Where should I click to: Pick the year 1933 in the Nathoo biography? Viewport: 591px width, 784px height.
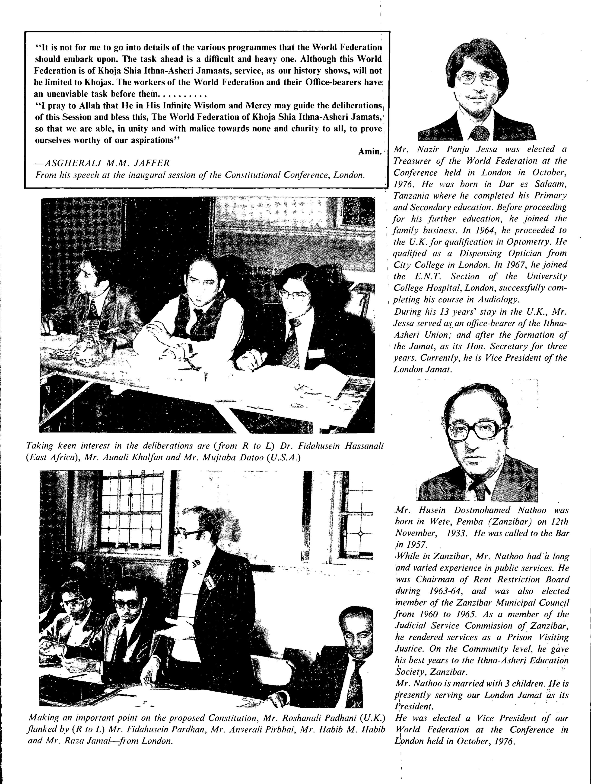[x=449, y=533]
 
